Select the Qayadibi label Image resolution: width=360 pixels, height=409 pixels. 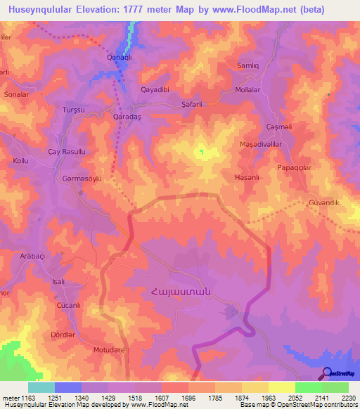[155, 90]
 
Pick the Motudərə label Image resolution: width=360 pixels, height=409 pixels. [108, 349]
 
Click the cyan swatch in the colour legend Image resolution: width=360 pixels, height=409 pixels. [41, 387]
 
